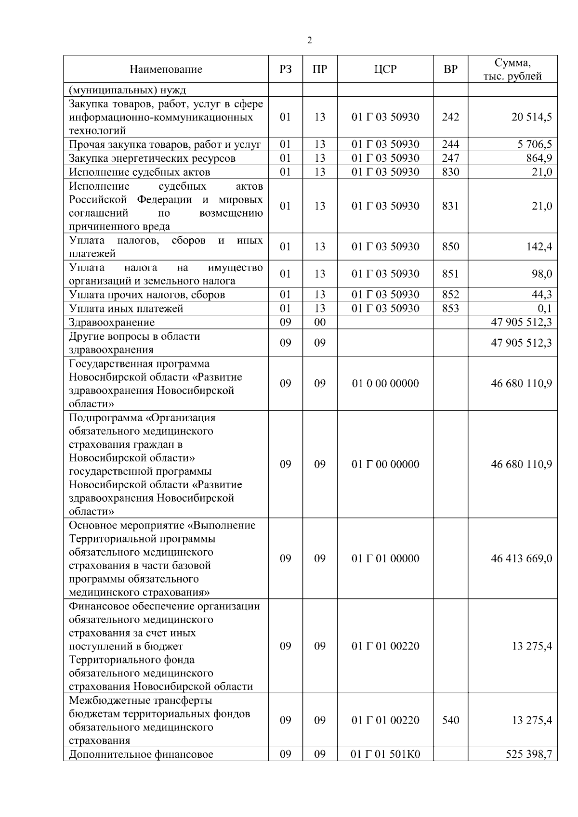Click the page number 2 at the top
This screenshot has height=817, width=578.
click(309, 40)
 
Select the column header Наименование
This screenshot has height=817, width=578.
click(166, 69)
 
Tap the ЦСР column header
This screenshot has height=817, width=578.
click(385, 69)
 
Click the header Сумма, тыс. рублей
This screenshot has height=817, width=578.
click(512, 69)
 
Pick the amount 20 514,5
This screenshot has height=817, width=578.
click(531, 117)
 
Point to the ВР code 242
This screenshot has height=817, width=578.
click(450, 117)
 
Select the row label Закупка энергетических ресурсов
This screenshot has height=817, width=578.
click(152, 158)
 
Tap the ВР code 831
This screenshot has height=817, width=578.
click(450, 206)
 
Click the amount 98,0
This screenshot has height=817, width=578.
click(542, 274)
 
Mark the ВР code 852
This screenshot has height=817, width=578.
click(450, 295)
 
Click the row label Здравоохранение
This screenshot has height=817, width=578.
click(112, 323)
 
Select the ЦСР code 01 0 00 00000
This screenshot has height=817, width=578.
click(385, 384)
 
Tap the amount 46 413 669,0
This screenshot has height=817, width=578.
click(521, 559)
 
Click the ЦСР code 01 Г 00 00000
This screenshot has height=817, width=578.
click(385, 465)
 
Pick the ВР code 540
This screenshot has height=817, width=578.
click(450, 720)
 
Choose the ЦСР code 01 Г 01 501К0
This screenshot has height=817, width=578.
click(385, 754)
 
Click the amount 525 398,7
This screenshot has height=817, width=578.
click(528, 754)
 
